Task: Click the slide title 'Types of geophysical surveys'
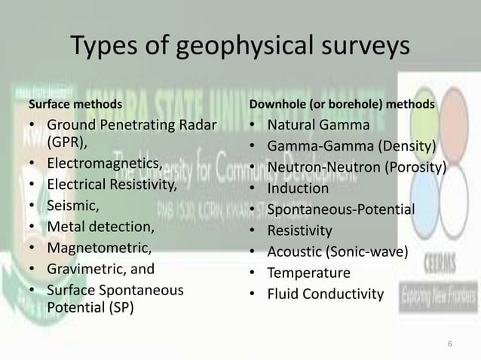coord(240,47)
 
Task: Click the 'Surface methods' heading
coord(75,103)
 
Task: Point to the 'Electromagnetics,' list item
coord(104,163)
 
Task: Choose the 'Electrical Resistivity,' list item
coord(112,184)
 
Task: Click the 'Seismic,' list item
coord(73,204)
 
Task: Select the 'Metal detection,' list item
coord(100,225)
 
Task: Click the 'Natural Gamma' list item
coord(320,125)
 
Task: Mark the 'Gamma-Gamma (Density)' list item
coord(353,146)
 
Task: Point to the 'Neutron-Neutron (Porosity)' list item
coord(357,167)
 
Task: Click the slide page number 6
coord(449,344)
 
